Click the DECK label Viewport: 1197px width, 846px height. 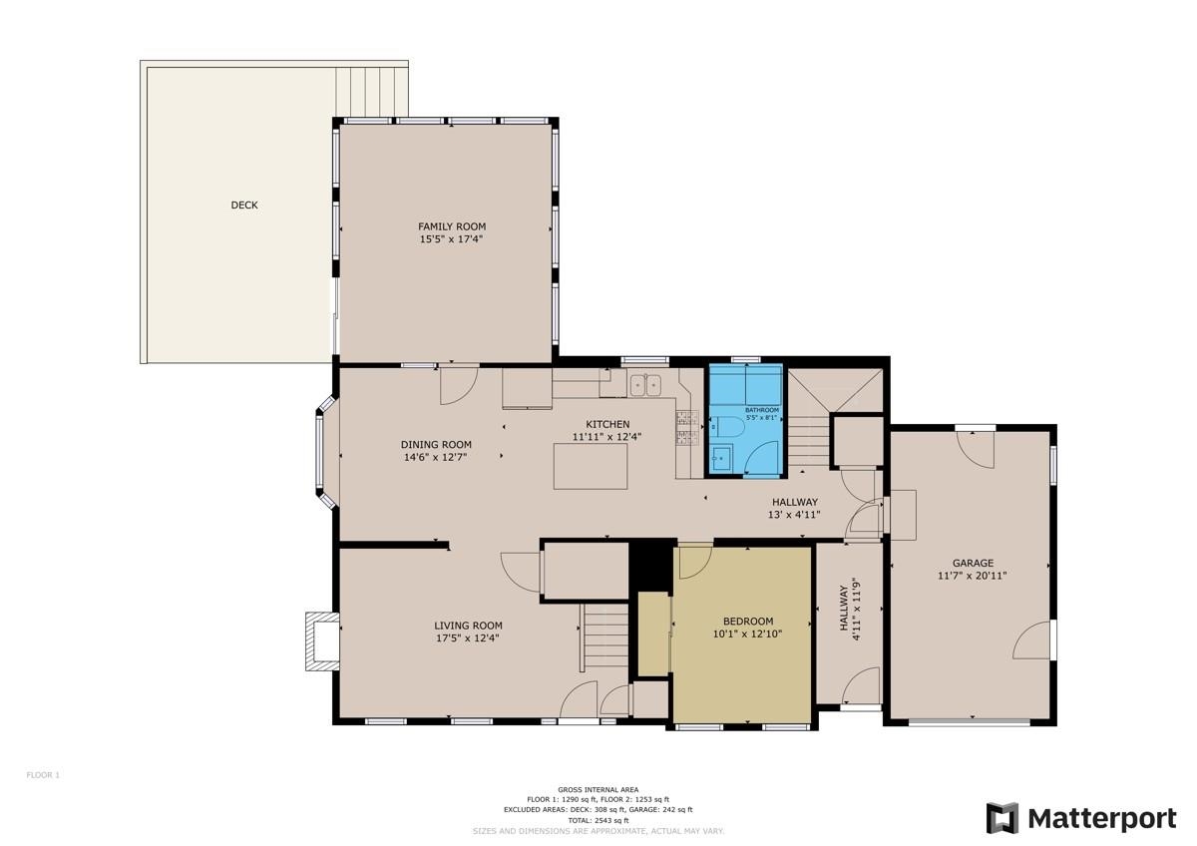click(x=244, y=206)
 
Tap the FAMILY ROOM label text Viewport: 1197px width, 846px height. click(x=452, y=226)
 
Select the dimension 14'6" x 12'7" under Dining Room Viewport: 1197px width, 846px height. click(x=436, y=457)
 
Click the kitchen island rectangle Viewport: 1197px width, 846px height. click(x=591, y=466)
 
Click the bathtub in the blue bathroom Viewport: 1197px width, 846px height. click(x=746, y=384)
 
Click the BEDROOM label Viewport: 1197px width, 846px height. click(x=741, y=621)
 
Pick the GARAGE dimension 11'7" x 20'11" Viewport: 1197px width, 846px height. click(x=973, y=576)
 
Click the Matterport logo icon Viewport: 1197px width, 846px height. click(x=1002, y=818)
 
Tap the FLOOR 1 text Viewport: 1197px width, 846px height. click(x=43, y=774)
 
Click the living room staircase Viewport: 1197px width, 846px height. click(x=604, y=638)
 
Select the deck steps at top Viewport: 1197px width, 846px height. click(x=371, y=91)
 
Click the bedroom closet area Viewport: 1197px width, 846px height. click(x=653, y=634)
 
